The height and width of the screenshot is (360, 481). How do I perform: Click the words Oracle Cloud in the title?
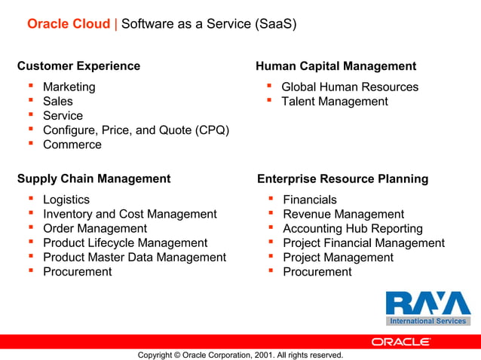point(69,24)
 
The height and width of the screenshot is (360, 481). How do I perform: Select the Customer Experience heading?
point(78,66)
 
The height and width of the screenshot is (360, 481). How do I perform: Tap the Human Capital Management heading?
point(335,66)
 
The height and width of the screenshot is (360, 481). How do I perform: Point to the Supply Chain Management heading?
point(93,178)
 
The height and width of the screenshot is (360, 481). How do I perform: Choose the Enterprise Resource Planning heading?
point(342,178)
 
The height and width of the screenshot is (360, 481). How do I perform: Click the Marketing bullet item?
point(69,87)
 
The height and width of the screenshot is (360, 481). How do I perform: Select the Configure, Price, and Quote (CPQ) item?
point(136,130)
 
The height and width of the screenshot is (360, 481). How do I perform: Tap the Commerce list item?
point(72,145)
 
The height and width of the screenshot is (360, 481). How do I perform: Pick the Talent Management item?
point(335,101)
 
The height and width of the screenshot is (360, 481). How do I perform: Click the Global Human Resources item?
point(350,87)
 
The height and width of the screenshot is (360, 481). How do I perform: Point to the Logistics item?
point(66,200)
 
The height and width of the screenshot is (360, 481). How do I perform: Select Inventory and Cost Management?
point(130,214)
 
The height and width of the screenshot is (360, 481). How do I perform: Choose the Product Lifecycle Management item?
point(125,243)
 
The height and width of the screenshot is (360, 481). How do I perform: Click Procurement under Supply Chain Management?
point(77,271)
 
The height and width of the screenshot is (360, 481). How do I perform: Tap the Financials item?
point(310,200)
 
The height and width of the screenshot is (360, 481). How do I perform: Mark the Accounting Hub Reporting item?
point(353,228)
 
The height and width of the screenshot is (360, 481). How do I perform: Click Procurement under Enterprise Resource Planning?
point(317,271)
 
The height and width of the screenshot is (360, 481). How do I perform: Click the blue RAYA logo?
point(427,304)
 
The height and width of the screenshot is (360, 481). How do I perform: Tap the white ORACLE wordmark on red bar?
point(401,341)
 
